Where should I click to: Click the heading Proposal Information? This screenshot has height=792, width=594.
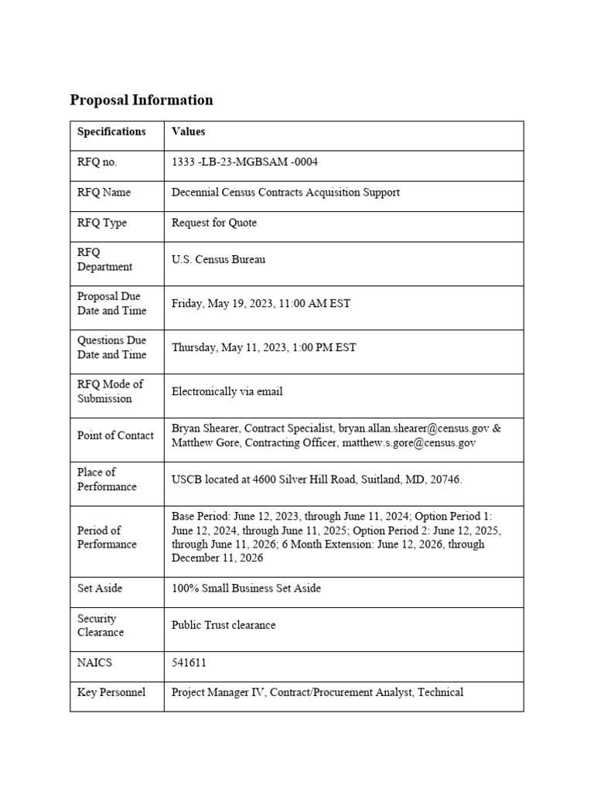[x=141, y=100]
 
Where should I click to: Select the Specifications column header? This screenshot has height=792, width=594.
[x=111, y=131]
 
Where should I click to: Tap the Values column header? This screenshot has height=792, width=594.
[x=188, y=131]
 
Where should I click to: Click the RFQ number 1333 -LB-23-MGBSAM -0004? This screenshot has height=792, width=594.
[x=244, y=162]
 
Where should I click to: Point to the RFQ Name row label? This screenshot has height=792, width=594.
[x=104, y=193]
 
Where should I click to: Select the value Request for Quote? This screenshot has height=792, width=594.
[x=214, y=223]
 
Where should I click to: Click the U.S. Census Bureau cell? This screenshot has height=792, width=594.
[x=218, y=260]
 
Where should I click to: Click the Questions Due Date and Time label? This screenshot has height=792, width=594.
[x=111, y=347]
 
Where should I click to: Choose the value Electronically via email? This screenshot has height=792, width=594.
[x=227, y=392]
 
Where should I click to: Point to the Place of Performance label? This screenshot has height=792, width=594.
[x=107, y=480]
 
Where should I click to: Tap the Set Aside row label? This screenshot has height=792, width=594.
[x=100, y=589]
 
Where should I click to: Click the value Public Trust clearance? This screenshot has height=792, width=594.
[x=224, y=625]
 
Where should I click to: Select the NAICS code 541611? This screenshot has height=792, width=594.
[x=189, y=663]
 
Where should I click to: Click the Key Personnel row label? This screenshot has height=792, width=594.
[x=111, y=692]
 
